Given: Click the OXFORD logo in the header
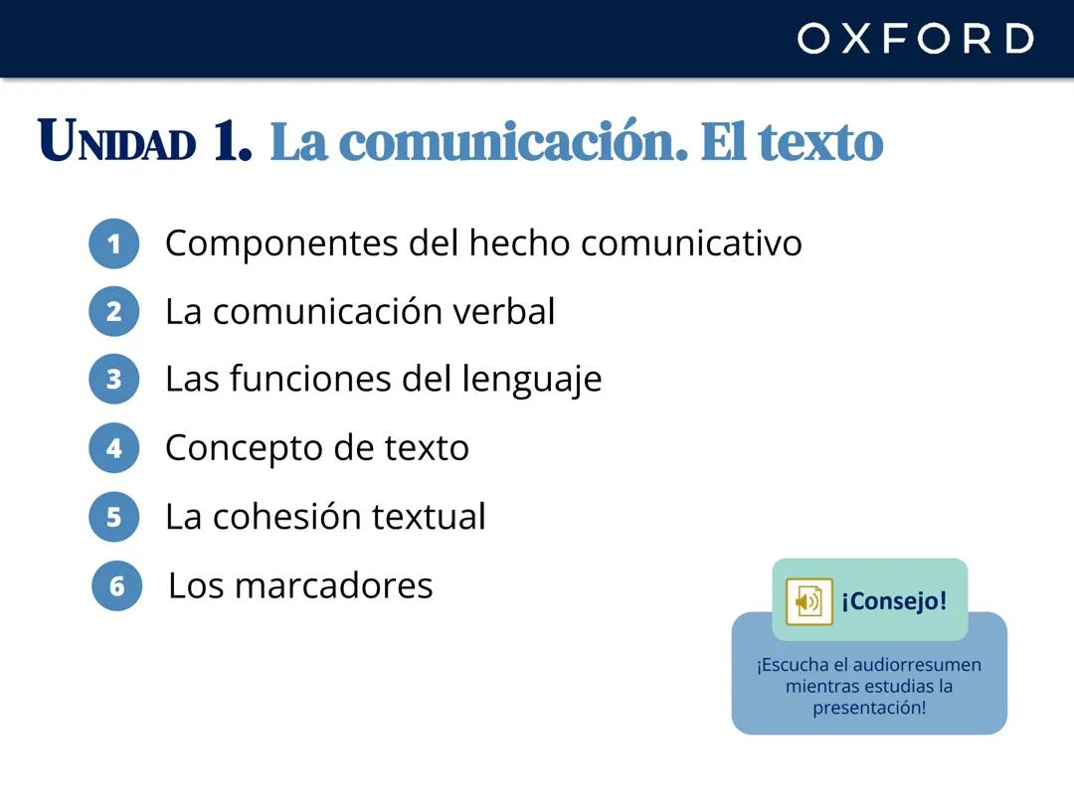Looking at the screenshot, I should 915,39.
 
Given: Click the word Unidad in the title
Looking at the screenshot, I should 116,142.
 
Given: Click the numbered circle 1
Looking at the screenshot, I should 113,244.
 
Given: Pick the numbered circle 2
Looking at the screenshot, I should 113,312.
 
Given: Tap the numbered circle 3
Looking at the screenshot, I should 113,379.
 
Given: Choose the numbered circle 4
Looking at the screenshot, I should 113,448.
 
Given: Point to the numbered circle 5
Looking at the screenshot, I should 113,517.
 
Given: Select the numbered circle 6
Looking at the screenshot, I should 117,585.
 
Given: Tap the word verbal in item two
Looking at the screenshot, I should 504,311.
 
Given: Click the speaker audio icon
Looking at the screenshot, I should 808,601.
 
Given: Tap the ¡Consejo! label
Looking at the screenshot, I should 894,601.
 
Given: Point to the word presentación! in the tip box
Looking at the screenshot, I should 869,708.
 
